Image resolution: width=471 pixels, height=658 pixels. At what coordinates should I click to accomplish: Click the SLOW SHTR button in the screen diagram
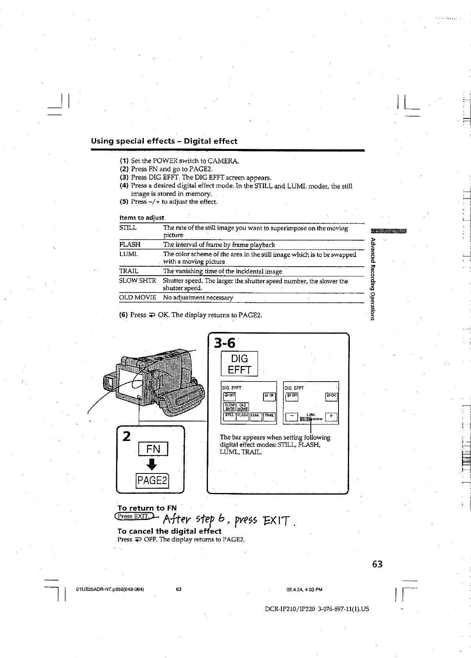point(229,407)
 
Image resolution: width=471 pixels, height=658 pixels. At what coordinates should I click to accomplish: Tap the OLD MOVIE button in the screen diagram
point(243,407)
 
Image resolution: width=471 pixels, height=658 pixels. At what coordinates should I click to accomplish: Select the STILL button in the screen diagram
point(229,416)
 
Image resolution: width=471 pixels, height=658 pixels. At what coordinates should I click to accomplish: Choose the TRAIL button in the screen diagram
point(269,416)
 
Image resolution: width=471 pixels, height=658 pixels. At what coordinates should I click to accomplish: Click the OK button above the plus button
point(331,396)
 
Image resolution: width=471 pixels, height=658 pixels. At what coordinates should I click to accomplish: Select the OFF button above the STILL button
point(229,396)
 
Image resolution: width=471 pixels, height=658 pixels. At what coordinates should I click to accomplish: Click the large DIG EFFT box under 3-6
point(239,364)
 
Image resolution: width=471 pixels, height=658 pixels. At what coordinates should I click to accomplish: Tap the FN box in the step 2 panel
point(153,449)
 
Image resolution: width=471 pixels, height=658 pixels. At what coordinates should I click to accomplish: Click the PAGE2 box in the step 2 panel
point(152,480)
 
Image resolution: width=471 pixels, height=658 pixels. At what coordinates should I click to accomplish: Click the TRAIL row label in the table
point(129,271)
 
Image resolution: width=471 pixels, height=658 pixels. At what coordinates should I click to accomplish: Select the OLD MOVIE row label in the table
point(137,298)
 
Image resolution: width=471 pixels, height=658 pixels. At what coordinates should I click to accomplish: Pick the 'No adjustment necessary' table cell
point(198,298)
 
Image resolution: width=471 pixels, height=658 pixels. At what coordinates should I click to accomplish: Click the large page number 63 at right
point(377,564)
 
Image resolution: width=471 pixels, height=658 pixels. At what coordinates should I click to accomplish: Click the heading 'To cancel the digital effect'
point(169,531)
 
